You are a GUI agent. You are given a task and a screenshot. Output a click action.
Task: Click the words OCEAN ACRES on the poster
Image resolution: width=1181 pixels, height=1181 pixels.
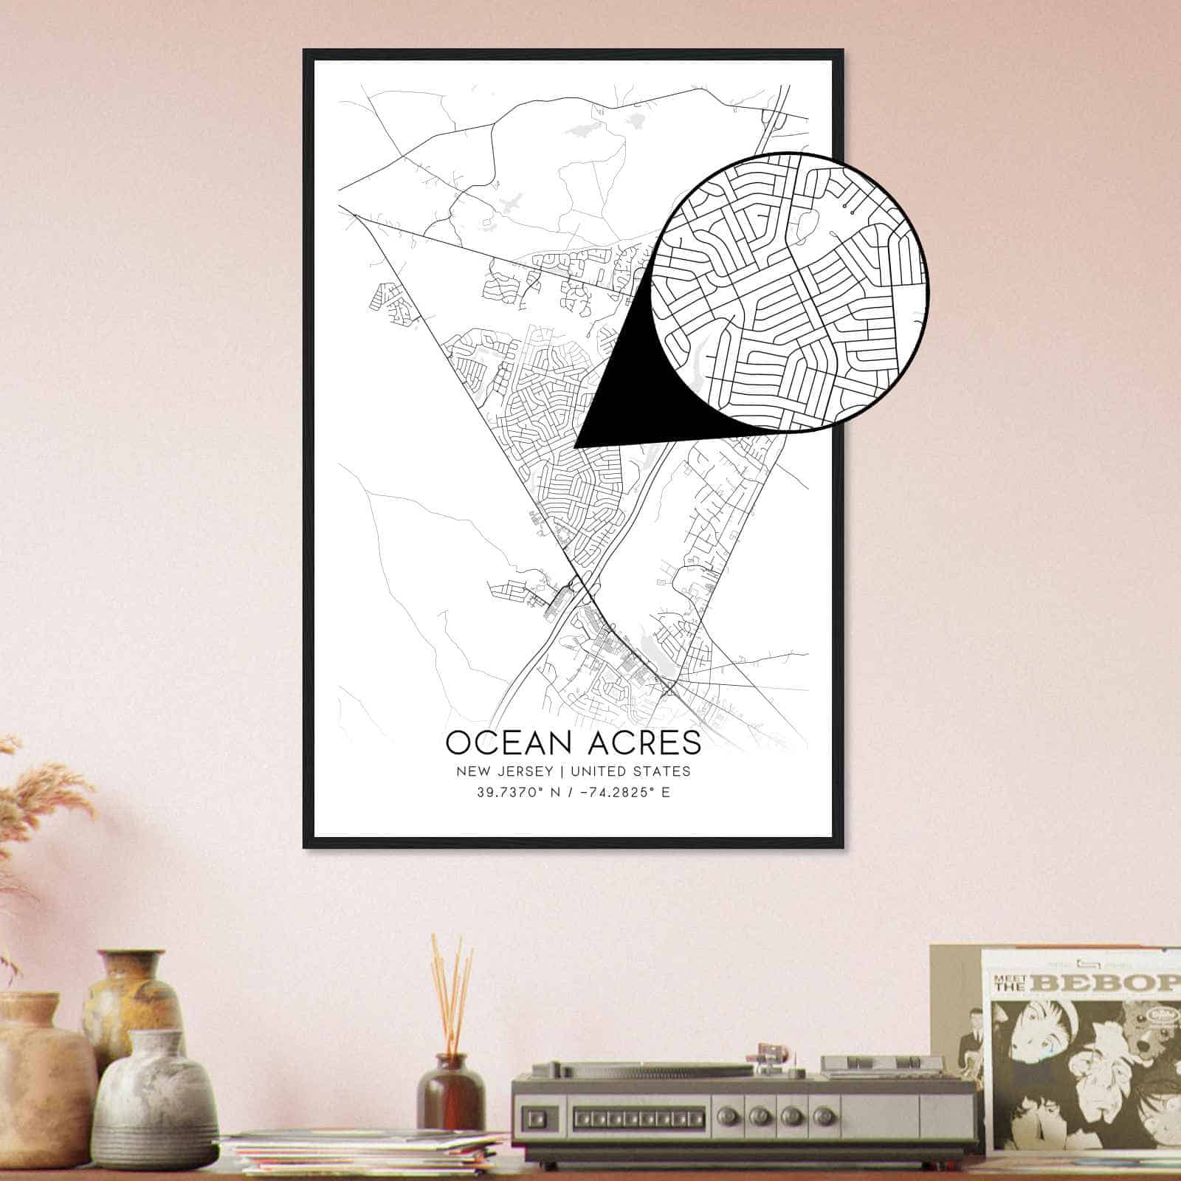(x=573, y=743)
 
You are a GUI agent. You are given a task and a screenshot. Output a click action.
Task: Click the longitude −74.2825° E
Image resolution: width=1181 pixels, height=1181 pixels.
(x=622, y=793)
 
